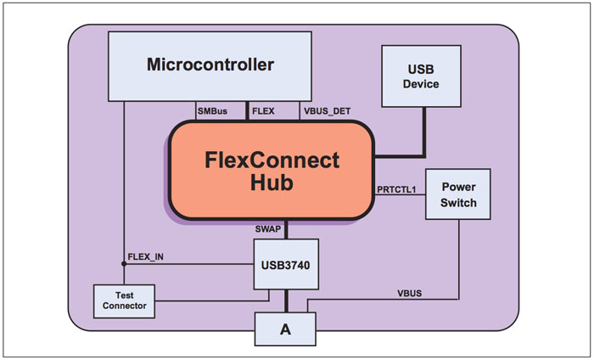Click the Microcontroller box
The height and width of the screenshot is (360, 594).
click(x=210, y=65)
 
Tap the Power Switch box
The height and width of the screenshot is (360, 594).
click(x=459, y=196)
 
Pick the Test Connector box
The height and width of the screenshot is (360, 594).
click(x=124, y=300)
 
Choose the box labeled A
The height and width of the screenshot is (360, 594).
click(x=285, y=329)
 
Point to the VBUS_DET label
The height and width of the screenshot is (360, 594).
click(x=326, y=110)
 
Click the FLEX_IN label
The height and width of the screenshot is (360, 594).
click(x=145, y=256)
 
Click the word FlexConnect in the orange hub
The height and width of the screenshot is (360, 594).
click(x=272, y=160)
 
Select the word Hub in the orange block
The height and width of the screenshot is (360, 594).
click(x=272, y=182)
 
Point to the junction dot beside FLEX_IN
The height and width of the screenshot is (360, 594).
click(x=124, y=264)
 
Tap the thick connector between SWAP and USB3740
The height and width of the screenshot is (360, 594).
click(x=287, y=229)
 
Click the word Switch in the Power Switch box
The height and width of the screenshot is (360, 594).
click(x=459, y=204)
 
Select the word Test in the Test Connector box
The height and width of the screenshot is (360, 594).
click(x=124, y=295)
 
